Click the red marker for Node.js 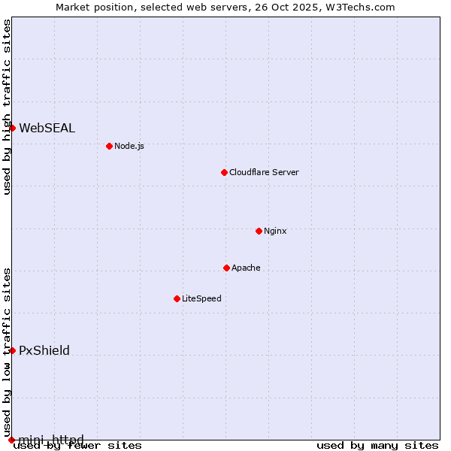coord(109,146)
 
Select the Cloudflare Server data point coord(224,172)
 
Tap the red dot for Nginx coord(259,231)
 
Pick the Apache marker coord(226,268)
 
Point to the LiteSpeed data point coord(177,298)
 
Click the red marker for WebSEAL coord(12,128)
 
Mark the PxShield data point coord(12,350)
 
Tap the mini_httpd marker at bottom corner coord(12,440)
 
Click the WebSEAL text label coord(47,128)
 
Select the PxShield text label coord(44,350)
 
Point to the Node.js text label coord(129,146)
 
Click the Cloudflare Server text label coord(264,172)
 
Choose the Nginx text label coord(275,231)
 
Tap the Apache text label coord(246,268)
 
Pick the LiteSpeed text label coord(201,298)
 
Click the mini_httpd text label coord(51,440)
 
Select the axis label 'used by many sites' coord(377,446)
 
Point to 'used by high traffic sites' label coord(7,107)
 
